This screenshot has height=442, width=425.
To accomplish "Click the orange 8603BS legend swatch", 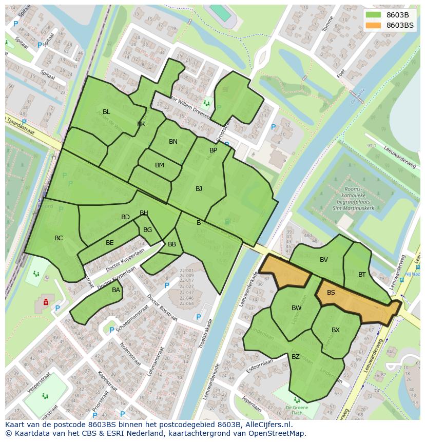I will coord(374,25).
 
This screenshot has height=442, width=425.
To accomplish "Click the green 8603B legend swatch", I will coord(374,15).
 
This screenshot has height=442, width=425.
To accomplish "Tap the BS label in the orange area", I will coord(331,293).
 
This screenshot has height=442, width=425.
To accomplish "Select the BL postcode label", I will coord(106,112).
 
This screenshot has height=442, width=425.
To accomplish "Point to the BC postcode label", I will coord(59,238).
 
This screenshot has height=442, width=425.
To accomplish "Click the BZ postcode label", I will coord(296,356).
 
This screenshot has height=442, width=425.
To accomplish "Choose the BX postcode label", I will coord(336,330).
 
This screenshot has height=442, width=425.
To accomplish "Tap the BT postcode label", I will coord(362,275).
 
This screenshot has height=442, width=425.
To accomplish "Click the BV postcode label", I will coord(324,260).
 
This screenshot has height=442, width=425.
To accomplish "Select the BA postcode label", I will coord(116,290).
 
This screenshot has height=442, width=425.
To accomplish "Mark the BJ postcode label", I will coord(199,189).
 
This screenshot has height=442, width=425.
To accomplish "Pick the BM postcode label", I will coord(160,165).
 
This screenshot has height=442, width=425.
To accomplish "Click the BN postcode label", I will coord(173,142).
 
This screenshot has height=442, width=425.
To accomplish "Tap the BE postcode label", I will coord(110,243).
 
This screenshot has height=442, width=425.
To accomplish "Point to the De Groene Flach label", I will coord(298,409).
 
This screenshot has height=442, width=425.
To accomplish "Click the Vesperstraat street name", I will coord(38,385).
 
